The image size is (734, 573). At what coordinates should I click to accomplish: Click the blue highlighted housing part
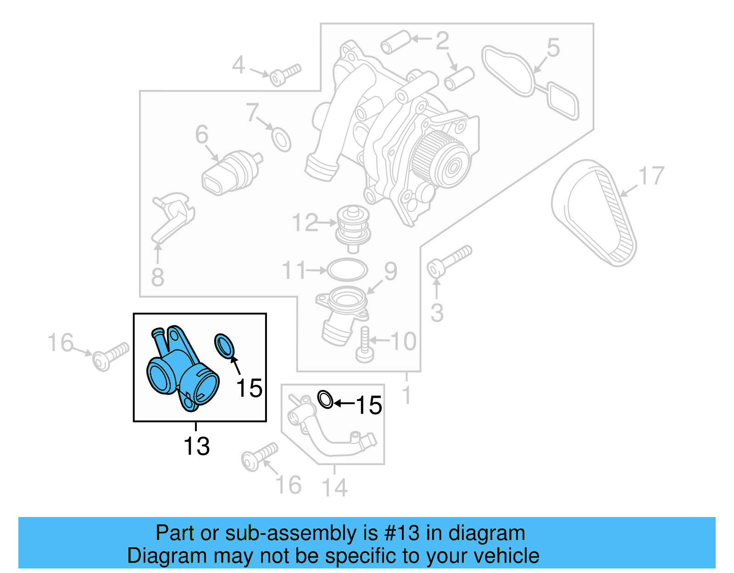click(181, 372)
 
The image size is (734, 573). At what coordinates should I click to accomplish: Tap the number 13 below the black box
click(196, 446)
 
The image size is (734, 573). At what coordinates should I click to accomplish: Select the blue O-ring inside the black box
click(224, 345)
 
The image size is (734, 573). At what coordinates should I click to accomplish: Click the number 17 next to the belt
click(651, 176)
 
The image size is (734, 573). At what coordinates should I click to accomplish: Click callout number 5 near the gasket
click(553, 48)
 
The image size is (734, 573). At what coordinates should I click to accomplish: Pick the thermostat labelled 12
click(353, 228)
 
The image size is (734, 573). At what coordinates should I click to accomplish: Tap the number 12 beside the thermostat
click(305, 223)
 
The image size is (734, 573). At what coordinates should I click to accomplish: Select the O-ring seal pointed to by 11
click(347, 270)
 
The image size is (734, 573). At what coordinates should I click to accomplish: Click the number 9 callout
click(390, 271)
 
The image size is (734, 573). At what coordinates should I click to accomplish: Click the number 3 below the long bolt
click(437, 313)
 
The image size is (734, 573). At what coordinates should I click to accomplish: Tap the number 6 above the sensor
click(202, 135)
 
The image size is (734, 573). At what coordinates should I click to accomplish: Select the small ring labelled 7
click(281, 139)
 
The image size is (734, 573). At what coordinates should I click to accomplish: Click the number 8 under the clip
click(157, 277)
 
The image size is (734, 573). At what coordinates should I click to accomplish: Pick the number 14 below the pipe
click(334, 487)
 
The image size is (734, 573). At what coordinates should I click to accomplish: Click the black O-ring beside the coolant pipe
click(325, 400)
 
